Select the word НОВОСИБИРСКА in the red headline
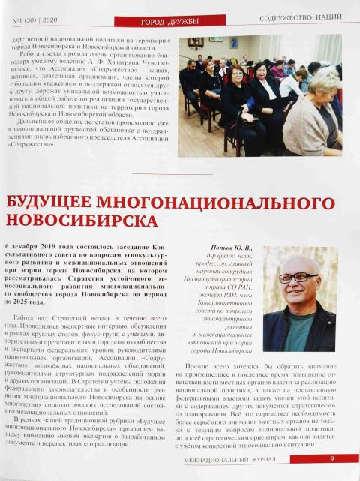pyautogui.click(x=83, y=221)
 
